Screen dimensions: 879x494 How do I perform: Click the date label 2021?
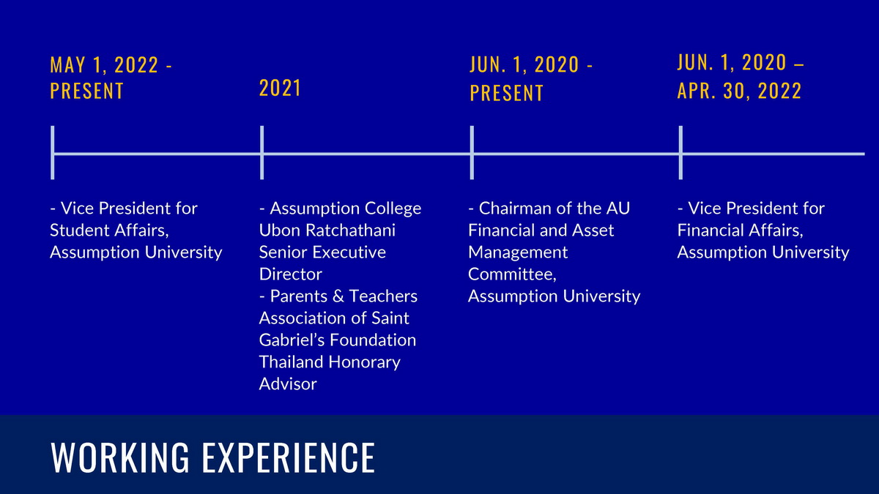click(280, 88)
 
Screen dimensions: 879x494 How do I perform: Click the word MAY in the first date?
click(67, 64)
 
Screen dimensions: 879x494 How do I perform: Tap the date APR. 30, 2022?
click(739, 91)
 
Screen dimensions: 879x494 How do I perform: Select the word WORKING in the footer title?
click(119, 457)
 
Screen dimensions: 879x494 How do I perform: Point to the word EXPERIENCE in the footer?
click(289, 457)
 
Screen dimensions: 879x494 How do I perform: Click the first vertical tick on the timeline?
click(53, 152)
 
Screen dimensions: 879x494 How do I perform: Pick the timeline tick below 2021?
click(262, 152)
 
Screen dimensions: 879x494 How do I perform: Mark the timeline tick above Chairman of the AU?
click(472, 152)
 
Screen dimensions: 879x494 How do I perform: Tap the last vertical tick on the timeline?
click(680, 152)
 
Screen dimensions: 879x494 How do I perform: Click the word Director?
click(290, 274)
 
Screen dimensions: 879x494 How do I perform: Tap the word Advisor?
click(288, 383)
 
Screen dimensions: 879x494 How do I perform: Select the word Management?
click(518, 252)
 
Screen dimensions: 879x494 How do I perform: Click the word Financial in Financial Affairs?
click(707, 230)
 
